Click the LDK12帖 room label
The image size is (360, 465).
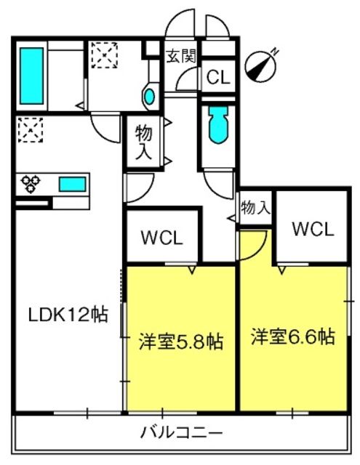pos(68,315)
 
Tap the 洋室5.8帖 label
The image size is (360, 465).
pos(181,342)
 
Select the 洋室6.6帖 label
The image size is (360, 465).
pos(293,336)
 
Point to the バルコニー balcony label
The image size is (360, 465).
pos(181,433)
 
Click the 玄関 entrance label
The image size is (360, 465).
pos(181,56)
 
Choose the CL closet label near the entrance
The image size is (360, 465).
pos(218,78)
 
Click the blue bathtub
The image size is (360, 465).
pos(31,76)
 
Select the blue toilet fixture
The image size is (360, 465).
pos(218,124)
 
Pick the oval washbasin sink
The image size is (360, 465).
pos(149,96)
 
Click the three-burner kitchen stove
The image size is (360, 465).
pos(31,184)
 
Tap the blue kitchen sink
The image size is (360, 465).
pos(73,184)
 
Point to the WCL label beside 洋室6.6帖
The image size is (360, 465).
pos(313,229)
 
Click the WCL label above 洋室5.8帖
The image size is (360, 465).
pos(161,238)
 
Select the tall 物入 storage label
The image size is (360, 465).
pos(144,142)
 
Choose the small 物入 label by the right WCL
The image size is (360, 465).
pos(255,207)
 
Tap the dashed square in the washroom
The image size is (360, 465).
pos(105,55)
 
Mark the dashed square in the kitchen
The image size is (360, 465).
pos(31,130)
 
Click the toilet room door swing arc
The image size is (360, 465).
pos(218,186)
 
